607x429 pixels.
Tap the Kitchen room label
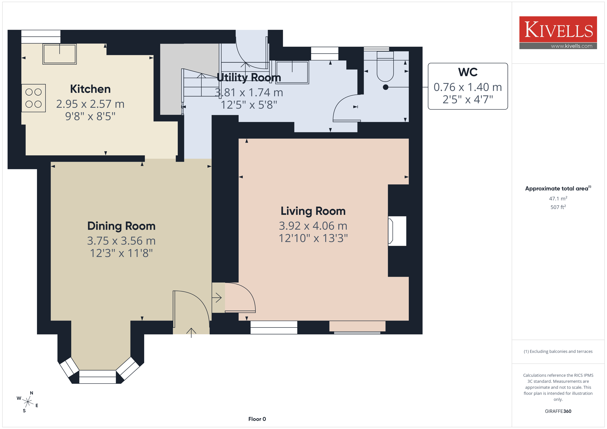(x=90, y=89)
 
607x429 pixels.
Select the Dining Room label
(x=121, y=226)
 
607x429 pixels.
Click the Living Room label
(x=313, y=211)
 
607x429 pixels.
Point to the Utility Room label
(x=249, y=77)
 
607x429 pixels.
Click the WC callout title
(x=468, y=72)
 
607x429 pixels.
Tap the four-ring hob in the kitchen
(x=34, y=98)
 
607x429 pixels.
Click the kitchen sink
(x=60, y=54)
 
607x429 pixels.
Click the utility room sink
(x=292, y=72)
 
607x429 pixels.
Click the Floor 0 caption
(x=257, y=419)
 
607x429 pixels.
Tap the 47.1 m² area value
(x=558, y=198)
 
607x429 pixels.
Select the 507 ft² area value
(x=558, y=207)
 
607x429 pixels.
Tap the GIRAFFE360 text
(x=558, y=411)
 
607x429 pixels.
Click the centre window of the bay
(x=98, y=377)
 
